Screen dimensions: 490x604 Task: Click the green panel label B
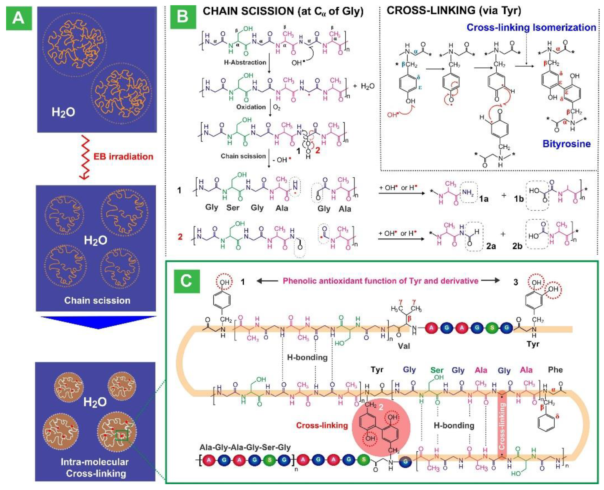pyautogui.click(x=183, y=16)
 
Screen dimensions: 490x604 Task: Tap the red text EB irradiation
pyautogui.click(x=123, y=157)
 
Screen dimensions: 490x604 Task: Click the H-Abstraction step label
pyautogui.click(x=245, y=62)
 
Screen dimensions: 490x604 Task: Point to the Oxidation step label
pyautogui.click(x=251, y=107)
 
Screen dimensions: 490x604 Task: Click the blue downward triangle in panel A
pyautogui.click(x=98, y=322)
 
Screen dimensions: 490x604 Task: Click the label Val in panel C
pyautogui.click(x=404, y=346)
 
